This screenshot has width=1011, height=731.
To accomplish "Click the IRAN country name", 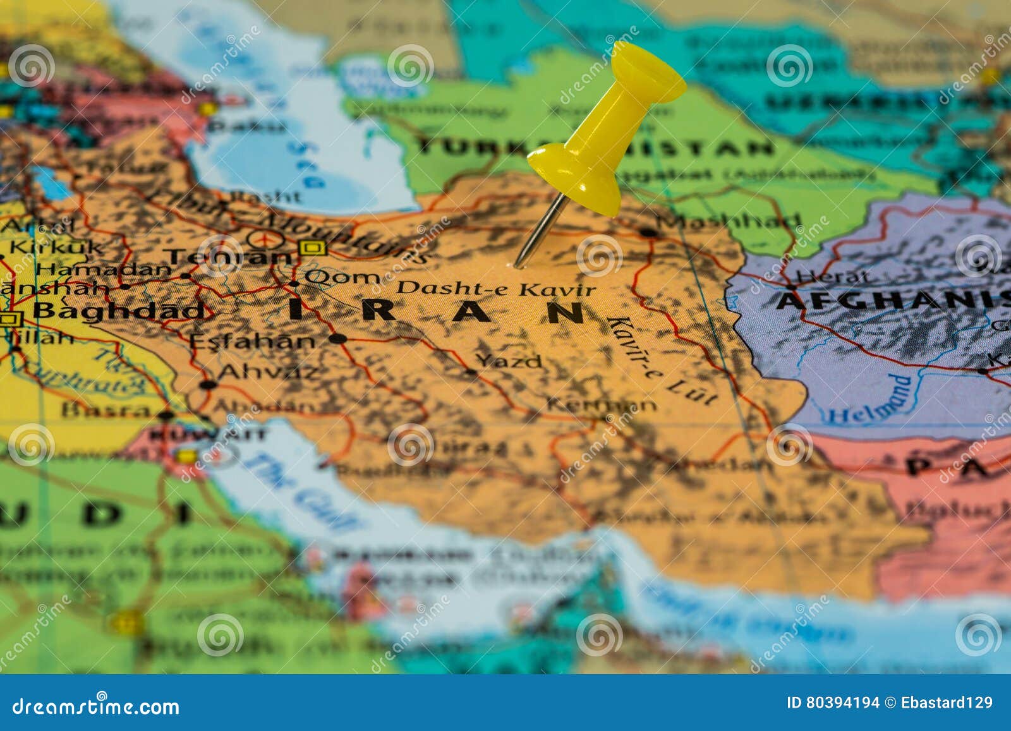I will [436, 311].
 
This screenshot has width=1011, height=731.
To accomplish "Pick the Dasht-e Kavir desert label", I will [495, 289].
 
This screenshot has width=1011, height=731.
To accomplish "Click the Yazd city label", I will [509, 361].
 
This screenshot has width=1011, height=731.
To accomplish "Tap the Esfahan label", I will [252, 341].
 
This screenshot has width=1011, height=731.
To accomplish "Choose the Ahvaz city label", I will [268, 371].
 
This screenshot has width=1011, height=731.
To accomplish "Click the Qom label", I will [342, 277].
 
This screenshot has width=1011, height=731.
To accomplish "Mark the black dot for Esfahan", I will [338, 339].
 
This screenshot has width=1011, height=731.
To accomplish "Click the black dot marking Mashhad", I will [648, 232].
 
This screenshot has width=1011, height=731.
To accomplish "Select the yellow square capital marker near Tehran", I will [312, 248].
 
